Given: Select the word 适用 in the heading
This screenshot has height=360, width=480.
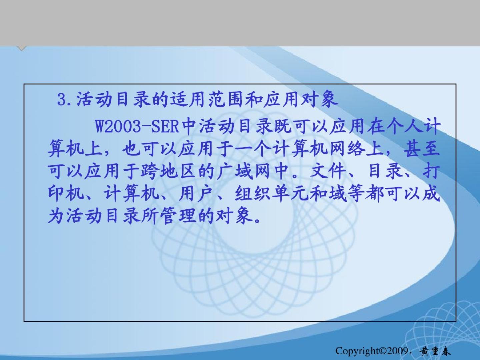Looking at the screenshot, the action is (x=188, y=100).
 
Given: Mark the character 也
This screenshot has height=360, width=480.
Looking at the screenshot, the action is (x=131, y=150).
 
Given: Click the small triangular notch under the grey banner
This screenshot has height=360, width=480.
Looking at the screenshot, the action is (x=21, y=49).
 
